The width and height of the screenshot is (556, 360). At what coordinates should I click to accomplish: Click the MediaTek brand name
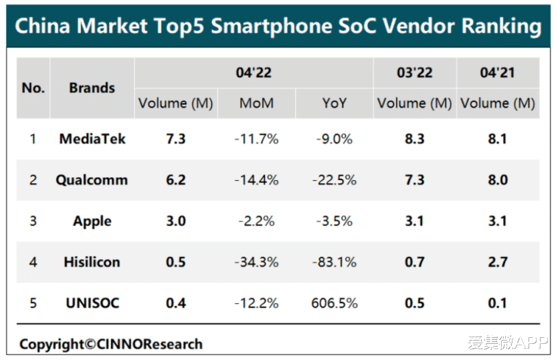click(x=92, y=139)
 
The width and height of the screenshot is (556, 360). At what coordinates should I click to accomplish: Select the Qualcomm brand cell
click(x=92, y=180)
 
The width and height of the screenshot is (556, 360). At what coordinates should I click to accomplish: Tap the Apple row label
click(x=92, y=221)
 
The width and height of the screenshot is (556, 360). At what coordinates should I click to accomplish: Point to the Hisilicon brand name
click(x=92, y=262)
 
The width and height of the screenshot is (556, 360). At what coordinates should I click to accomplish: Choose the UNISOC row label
click(x=92, y=302)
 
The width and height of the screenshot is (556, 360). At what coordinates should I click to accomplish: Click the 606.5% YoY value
click(x=335, y=302)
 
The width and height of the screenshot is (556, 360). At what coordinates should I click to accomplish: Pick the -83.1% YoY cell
click(x=335, y=262)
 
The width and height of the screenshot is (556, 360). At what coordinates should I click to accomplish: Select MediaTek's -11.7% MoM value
click(x=256, y=139)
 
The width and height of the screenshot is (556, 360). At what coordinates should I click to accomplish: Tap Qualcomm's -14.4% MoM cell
click(x=256, y=180)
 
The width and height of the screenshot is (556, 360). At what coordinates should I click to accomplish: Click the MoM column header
click(x=256, y=104)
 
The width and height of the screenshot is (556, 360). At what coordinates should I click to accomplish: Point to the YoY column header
click(x=333, y=104)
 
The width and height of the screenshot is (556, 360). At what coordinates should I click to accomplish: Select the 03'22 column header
click(x=414, y=72)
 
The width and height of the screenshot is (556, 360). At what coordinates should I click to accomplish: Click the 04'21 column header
click(x=498, y=72)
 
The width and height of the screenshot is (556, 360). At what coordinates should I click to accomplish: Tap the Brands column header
click(x=92, y=88)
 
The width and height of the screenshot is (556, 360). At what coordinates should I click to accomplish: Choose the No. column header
click(x=33, y=88)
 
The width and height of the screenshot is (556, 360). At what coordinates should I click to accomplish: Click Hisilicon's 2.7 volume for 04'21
click(x=498, y=262)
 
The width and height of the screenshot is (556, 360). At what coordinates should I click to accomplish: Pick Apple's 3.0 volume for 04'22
click(x=175, y=221)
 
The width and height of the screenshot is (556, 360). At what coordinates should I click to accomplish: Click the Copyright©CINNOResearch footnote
click(x=110, y=345)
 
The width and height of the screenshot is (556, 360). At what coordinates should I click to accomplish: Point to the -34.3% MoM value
click(x=256, y=262)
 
